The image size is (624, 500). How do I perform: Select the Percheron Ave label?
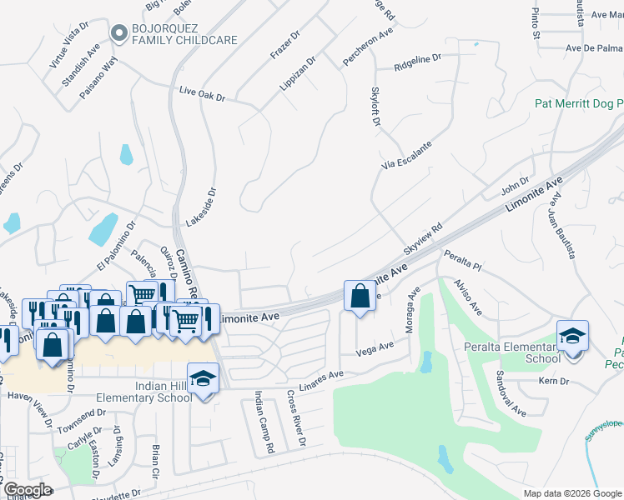pos(368,48)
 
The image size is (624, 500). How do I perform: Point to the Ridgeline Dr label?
pos(416,61)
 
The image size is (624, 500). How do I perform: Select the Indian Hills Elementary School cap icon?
pos(203,379)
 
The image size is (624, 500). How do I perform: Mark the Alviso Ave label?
pos(468,297)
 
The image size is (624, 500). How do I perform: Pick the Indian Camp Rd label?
pos(263,422)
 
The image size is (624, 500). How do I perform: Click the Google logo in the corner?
pos(28,489)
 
